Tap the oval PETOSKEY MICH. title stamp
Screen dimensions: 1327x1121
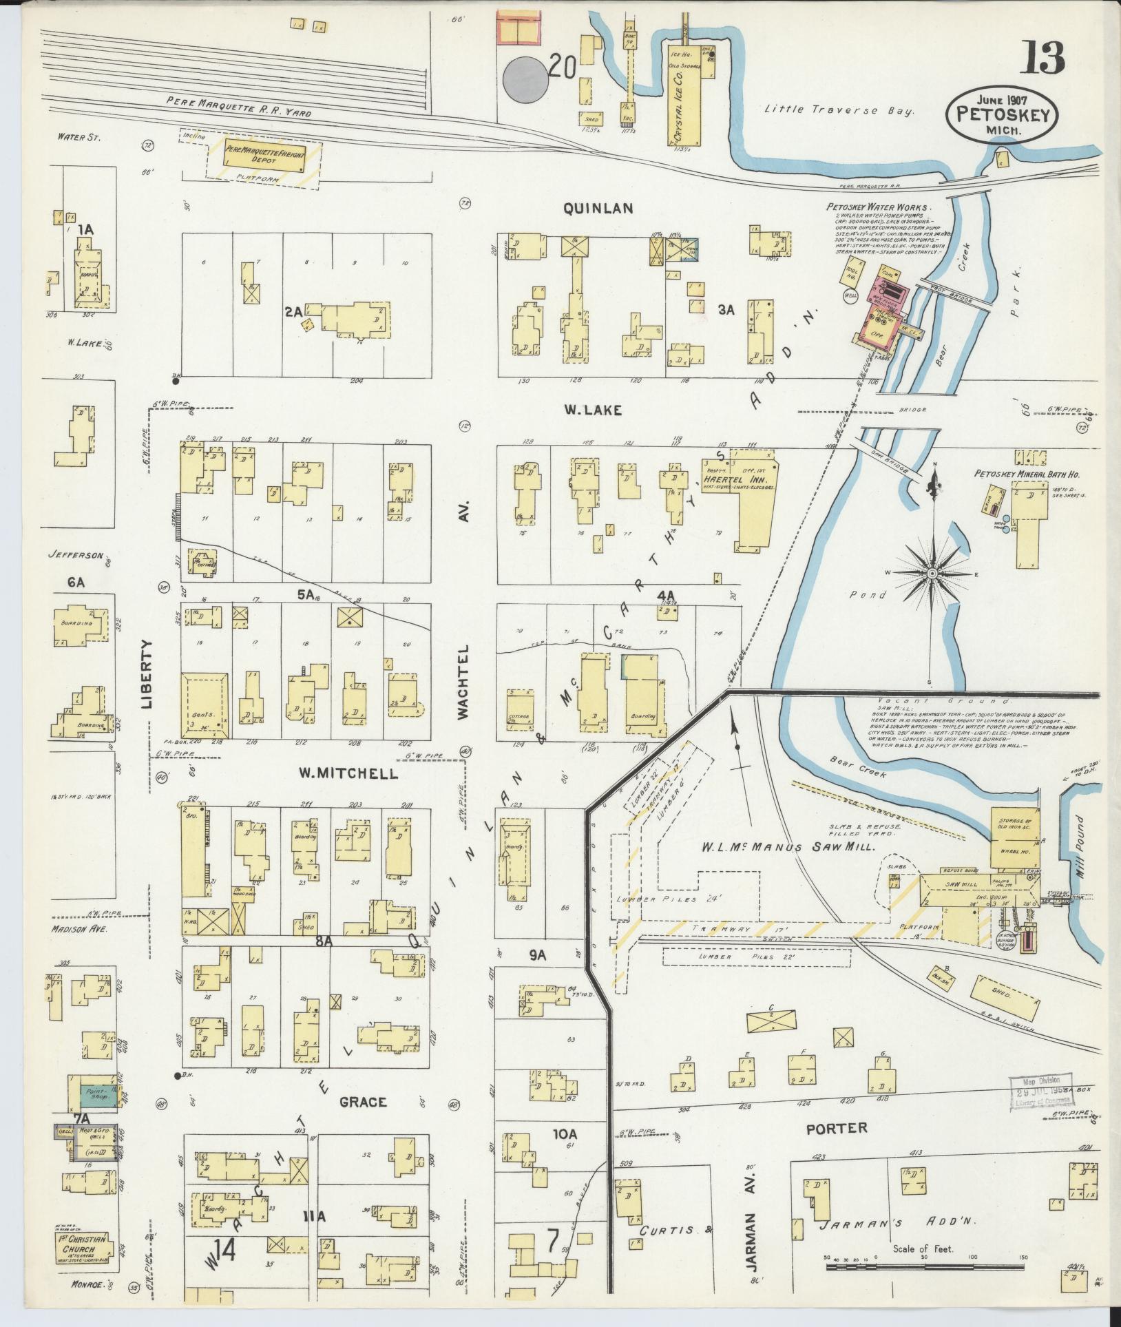point(1002,116)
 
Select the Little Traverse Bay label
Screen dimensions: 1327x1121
point(838,109)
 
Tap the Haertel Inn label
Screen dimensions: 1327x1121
point(739,479)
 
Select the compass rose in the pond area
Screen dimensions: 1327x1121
point(932,572)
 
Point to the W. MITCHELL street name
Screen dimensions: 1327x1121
point(348,773)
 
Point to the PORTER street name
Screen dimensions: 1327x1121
point(836,1128)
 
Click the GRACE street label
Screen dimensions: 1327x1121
point(363,1102)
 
